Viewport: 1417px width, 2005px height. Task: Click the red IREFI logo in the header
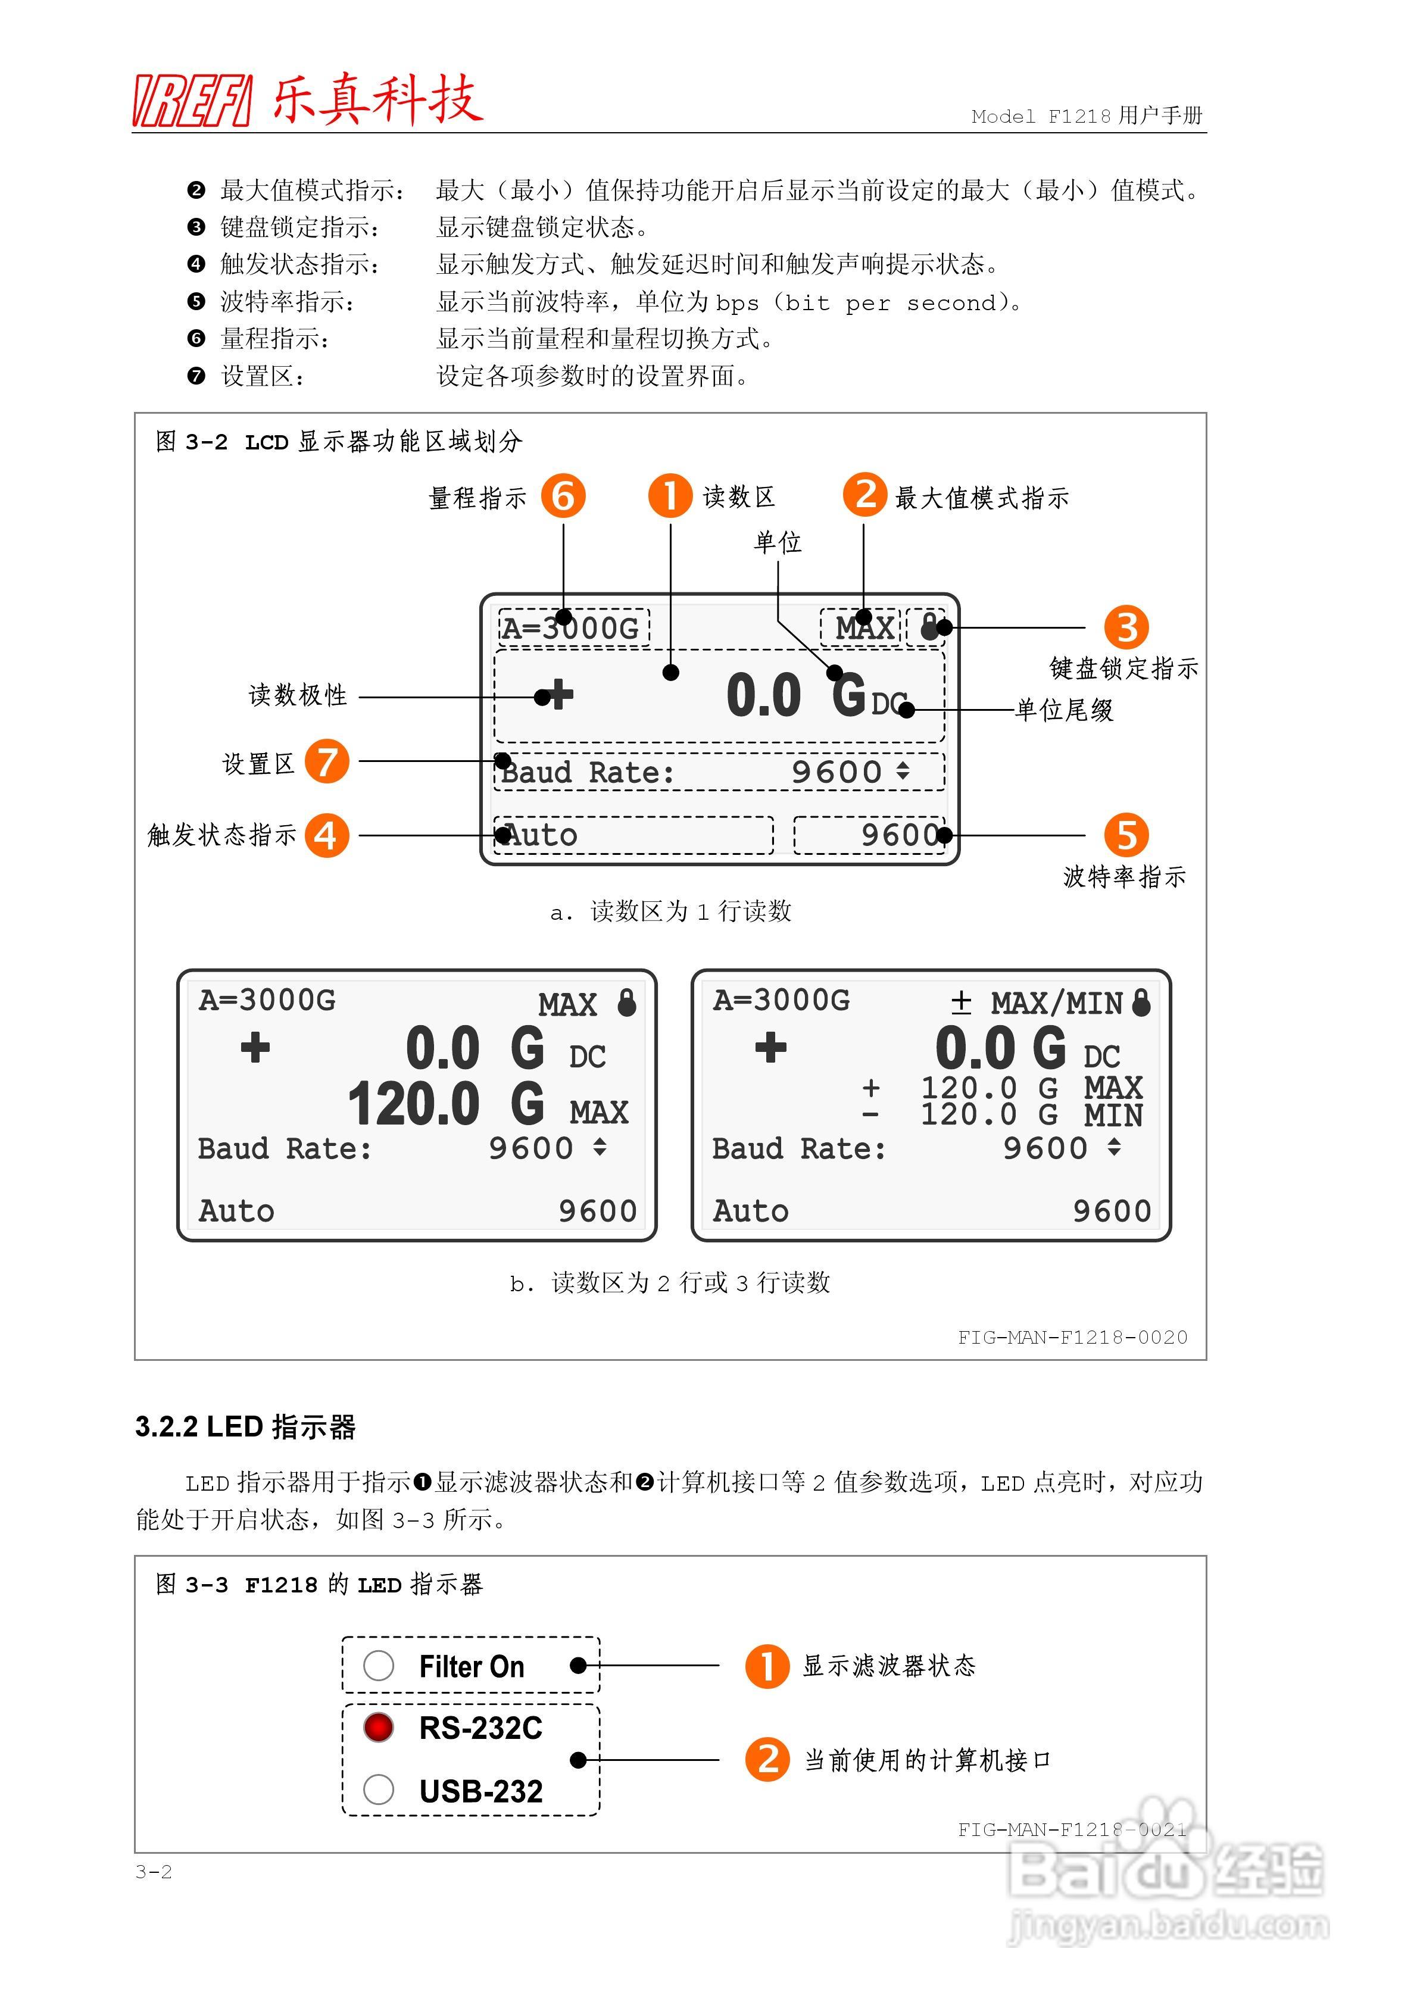(x=192, y=101)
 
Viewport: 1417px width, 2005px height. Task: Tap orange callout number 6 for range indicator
(x=563, y=496)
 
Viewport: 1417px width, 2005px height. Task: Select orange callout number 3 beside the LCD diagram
(x=1126, y=627)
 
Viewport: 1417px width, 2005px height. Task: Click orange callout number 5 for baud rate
(x=1126, y=835)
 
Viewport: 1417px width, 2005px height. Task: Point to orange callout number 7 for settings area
(x=327, y=761)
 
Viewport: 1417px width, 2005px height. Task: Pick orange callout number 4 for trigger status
(x=327, y=835)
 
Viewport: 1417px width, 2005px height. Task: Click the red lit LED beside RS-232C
(x=378, y=1726)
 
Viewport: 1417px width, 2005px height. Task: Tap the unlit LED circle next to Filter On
(x=378, y=1665)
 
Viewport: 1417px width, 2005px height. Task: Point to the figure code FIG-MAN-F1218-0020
(x=1072, y=1337)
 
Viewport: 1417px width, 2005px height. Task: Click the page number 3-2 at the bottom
(x=154, y=1872)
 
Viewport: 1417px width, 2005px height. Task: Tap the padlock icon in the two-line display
(x=626, y=1002)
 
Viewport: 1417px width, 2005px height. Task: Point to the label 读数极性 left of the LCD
(x=298, y=695)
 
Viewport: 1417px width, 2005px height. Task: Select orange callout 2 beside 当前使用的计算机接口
(x=767, y=1760)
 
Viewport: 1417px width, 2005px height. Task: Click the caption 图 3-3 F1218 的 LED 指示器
(x=319, y=1585)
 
